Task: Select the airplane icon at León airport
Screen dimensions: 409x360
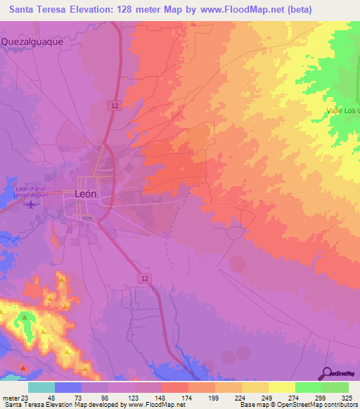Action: (30, 204)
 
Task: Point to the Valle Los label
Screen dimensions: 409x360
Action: (344, 111)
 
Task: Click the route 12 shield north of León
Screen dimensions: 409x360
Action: (113, 105)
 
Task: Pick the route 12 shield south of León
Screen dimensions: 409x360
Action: (144, 279)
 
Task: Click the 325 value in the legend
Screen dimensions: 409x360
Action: (347, 397)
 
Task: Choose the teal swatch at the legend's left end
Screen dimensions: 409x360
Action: (41, 387)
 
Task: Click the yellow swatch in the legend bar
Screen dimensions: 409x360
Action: (281, 387)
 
